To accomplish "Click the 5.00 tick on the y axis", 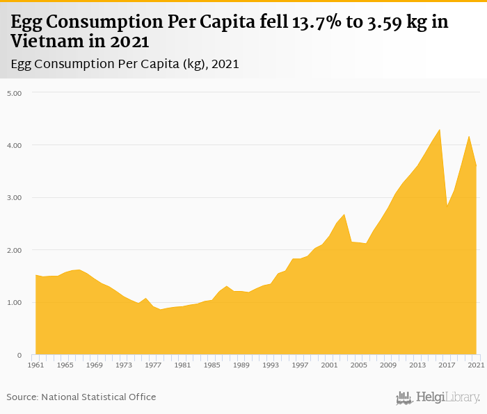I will point(15,92).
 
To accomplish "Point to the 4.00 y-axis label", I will point(15,145).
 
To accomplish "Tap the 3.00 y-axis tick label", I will point(15,197).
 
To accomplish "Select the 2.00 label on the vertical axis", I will point(15,250).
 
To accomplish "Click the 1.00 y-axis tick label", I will point(15,303).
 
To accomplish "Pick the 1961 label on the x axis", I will point(35,365).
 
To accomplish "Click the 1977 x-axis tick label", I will point(153,365).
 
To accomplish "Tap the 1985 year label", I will point(211,365).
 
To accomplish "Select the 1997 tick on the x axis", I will point(300,365).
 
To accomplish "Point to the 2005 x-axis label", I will point(359,365).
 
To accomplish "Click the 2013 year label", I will point(417,365).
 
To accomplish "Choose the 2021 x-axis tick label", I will point(477,365).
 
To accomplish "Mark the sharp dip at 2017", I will point(447,206).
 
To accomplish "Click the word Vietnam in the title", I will point(50,41).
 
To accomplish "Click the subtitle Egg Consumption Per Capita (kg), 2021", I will point(125,64).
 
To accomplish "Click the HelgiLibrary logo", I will point(438,397).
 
